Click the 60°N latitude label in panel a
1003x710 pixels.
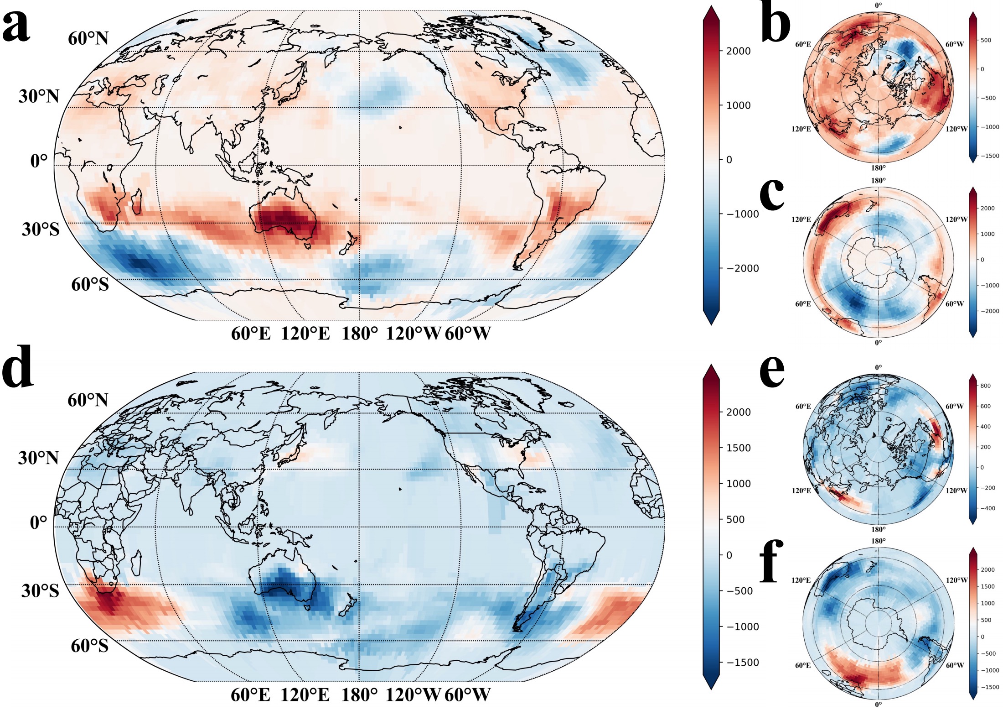click(x=88, y=39)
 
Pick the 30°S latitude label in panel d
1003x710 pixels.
click(x=40, y=590)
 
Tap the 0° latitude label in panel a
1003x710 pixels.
click(x=39, y=161)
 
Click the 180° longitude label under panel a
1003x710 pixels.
click(x=360, y=334)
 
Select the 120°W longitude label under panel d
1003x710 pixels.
click(x=413, y=695)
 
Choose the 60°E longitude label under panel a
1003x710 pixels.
click(x=251, y=334)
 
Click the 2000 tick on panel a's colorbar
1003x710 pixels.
click(x=738, y=51)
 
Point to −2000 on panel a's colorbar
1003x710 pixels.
click(x=742, y=268)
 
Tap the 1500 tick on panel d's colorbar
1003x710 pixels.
click(x=738, y=448)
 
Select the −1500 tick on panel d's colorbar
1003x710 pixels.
click(x=742, y=663)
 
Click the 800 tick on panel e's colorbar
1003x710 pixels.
click(x=985, y=386)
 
